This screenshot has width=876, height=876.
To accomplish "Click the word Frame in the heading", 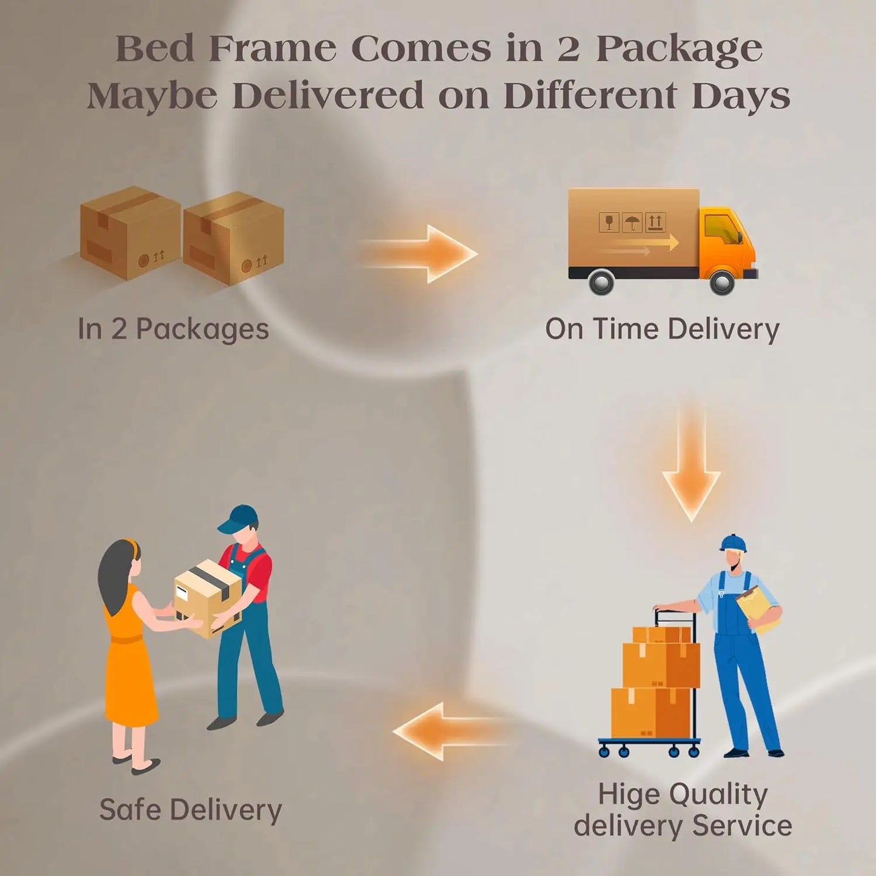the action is [272, 48].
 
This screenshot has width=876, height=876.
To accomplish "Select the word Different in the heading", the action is [590, 95].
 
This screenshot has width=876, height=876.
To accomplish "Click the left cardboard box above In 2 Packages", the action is [130, 232].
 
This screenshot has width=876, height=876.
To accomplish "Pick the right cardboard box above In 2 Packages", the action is [233, 238].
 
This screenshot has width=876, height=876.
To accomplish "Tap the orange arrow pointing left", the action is [450, 731].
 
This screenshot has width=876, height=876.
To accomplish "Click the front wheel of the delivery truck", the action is [721, 281].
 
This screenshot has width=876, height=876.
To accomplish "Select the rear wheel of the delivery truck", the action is [601, 281].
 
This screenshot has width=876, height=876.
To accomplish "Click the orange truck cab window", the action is [722, 228].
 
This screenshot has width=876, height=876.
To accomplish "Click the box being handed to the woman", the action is [208, 598].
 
